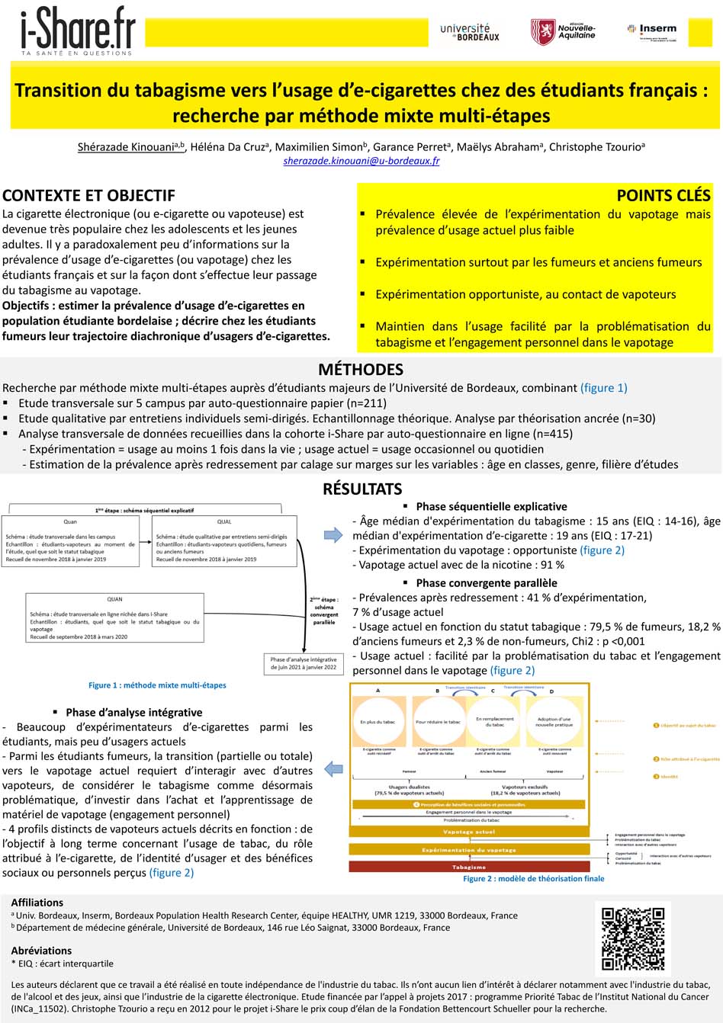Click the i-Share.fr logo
(x=78, y=32)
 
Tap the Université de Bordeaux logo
(x=470, y=32)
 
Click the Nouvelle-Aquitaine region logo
(x=564, y=31)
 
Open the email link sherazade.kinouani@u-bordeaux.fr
(x=361, y=161)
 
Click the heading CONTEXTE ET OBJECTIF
(x=88, y=195)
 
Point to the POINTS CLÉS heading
(x=663, y=195)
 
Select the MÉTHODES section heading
(x=361, y=370)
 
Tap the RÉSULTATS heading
(x=361, y=489)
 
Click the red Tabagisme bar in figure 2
(x=469, y=867)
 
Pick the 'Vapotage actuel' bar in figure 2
(x=469, y=832)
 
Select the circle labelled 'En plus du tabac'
(x=378, y=721)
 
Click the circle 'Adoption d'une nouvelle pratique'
(x=554, y=721)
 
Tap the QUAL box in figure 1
(x=224, y=542)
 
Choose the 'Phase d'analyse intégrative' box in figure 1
(x=303, y=663)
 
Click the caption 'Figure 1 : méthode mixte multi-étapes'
(x=157, y=685)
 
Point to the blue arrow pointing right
(x=333, y=535)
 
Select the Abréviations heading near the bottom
(x=41, y=951)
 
